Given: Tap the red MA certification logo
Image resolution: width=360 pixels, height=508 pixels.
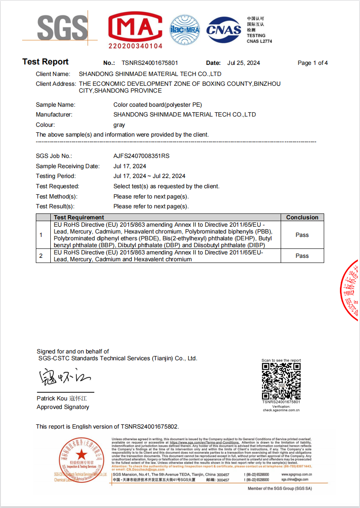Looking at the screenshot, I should tap(135, 30).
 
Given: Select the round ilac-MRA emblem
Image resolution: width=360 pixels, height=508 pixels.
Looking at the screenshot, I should tap(185, 30).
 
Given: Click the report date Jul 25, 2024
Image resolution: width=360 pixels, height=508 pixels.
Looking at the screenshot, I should tap(244, 63).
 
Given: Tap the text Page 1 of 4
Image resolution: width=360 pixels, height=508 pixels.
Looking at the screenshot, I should tap(313, 63).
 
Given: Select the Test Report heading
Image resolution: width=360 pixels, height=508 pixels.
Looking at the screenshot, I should tap(45, 62).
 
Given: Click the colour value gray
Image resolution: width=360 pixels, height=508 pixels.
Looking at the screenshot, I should tap(119, 125).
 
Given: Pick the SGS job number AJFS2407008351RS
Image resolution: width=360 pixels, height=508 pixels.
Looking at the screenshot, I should tap(141, 156).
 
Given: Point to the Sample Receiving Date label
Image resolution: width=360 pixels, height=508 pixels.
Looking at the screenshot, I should tap(68, 166).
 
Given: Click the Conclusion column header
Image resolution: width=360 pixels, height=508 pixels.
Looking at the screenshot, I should tap(302, 217).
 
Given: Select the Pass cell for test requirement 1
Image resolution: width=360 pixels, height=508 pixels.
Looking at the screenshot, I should tap(302, 235).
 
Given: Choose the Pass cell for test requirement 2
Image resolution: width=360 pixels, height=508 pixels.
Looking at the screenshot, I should tap(302, 256).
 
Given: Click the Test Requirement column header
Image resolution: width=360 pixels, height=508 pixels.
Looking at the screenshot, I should tap(79, 217).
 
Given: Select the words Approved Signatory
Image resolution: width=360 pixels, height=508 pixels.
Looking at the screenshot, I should tap(63, 407).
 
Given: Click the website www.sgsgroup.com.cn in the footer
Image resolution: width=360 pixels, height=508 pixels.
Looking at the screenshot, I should tap(297, 474).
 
